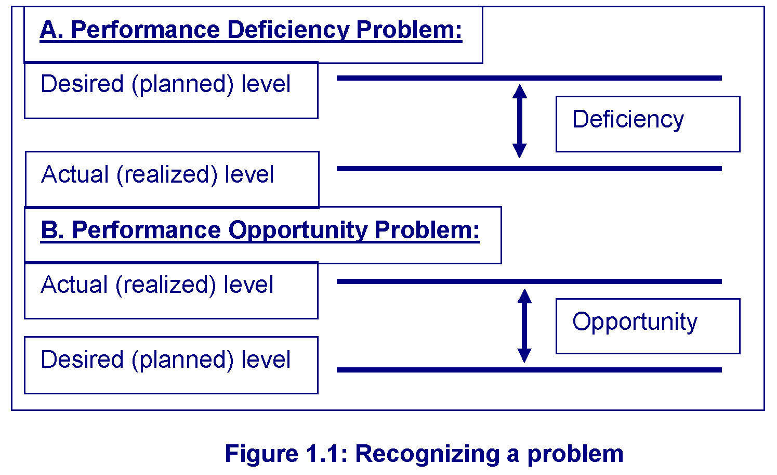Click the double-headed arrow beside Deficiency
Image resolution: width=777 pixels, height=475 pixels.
[x=520, y=121]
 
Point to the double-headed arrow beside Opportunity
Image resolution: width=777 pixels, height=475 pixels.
[x=524, y=326]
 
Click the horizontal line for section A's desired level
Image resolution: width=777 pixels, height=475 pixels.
[x=529, y=78]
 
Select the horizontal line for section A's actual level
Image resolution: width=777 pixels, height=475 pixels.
[x=529, y=169]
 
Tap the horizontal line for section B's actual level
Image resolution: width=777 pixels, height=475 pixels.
[x=529, y=281]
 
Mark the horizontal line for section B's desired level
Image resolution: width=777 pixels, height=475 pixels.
[x=529, y=370]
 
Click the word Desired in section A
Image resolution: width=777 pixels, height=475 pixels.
[x=82, y=84]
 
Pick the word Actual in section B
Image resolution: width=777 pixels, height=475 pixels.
[x=74, y=285]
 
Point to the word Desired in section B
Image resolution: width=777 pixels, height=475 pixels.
[x=82, y=360]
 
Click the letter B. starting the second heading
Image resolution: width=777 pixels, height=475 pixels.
[x=52, y=230]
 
